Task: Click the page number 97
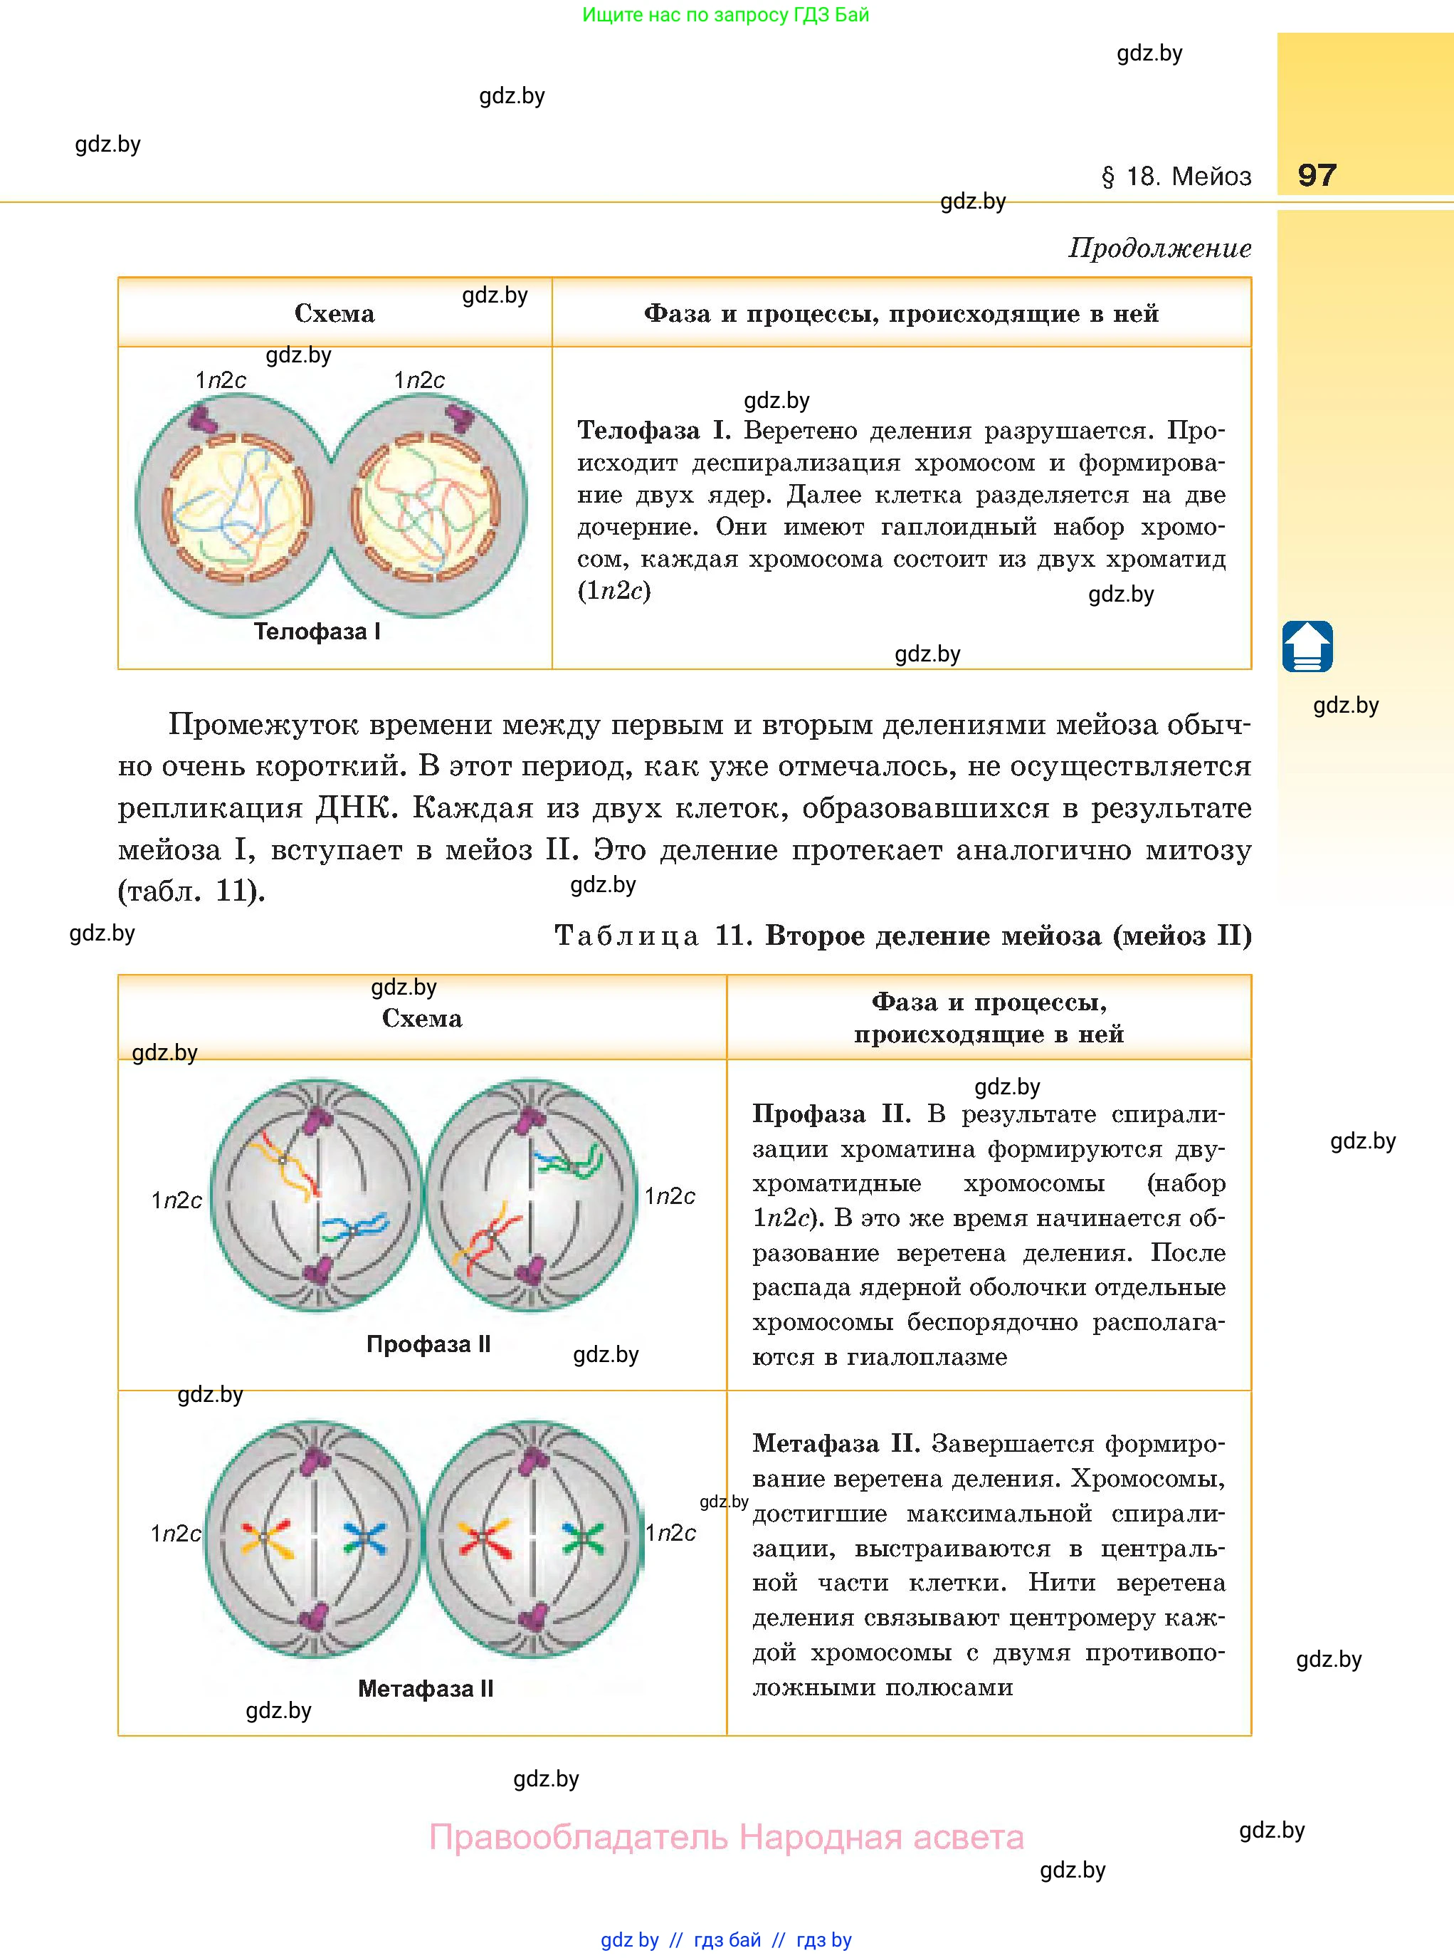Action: click(1317, 174)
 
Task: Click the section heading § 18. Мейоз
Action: click(1176, 177)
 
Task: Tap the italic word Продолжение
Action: click(1159, 248)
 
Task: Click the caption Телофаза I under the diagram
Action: click(317, 632)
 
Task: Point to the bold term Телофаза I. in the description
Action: click(654, 431)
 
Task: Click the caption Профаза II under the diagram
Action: click(428, 1344)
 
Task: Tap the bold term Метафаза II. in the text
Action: click(836, 1443)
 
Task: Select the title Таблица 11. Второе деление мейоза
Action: click(902, 935)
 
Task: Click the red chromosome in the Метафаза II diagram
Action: click(483, 1538)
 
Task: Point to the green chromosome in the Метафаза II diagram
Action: click(581, 1538)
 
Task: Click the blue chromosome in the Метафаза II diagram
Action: click(364, 1538)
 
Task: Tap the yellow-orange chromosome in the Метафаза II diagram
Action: click(265, 1538)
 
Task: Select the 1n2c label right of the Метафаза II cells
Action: click(670, 1533)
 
